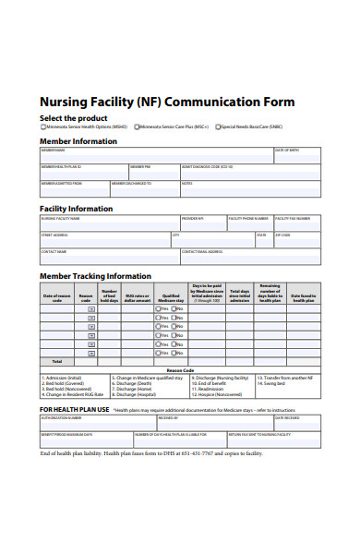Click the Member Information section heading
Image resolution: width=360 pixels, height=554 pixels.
pyautogui.click(x=78, y=141)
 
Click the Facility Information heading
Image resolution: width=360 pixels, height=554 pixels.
pyautogui.click(x=76, y=209)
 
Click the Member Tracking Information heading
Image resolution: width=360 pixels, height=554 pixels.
pyautogui.click(x=95, y=276)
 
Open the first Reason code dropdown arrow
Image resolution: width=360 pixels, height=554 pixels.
pyautogui.click(x=91, y=309)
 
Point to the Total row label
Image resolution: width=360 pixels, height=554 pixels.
pyautogui.click(x=57, y=361)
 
